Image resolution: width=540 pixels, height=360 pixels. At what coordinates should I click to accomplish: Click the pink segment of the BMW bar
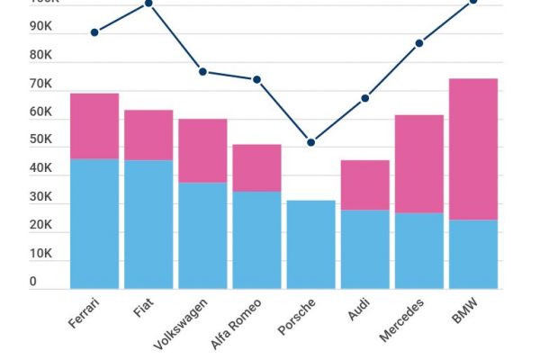[473, 149]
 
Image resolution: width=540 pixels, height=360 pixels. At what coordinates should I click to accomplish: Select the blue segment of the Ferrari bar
[94, 223]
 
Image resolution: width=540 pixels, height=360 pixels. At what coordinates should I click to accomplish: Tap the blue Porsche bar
[310, 244]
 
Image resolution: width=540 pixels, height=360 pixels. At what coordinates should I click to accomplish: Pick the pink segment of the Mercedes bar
[419, 164]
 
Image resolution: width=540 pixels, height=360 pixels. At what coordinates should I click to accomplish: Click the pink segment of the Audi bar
[364, 184]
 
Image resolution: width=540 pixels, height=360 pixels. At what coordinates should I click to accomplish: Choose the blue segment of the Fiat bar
[148, 224]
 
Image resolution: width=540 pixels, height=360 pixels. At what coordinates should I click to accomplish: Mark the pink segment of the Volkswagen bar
[202, 150]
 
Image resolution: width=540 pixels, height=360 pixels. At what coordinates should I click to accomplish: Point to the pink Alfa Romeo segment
[256, 167]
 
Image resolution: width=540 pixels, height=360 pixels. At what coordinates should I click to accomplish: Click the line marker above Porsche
[311, 142]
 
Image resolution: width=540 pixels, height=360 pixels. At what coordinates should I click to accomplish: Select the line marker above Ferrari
[94, 32]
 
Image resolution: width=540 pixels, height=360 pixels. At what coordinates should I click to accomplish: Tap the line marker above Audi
[365, 98]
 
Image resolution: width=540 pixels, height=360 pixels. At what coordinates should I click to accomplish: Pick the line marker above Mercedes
[419, 43]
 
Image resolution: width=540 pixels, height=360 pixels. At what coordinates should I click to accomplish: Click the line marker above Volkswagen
[202, 71]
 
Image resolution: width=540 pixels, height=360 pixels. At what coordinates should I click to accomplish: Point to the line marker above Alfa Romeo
[256, 79]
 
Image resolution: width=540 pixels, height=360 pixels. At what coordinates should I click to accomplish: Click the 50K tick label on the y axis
[40, 139]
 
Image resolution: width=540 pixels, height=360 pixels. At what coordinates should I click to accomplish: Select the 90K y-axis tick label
[40, 27]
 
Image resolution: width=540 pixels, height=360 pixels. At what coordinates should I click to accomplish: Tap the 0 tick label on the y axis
[33, 282]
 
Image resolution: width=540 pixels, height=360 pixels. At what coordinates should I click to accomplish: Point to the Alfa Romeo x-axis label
[237, 325]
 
